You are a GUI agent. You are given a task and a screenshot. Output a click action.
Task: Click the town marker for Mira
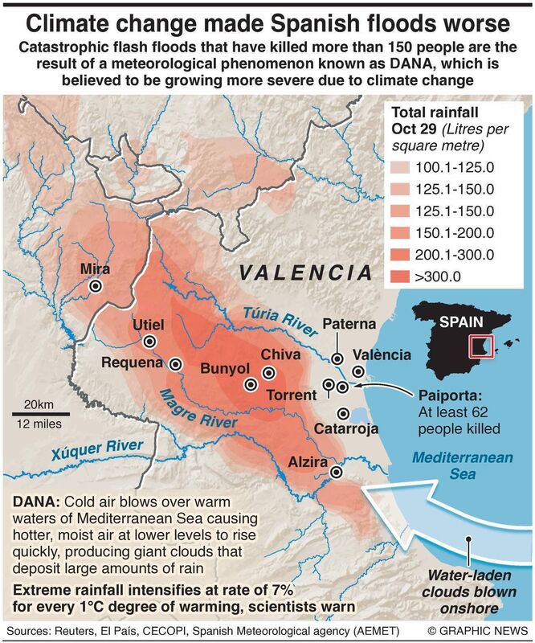click(96, 285)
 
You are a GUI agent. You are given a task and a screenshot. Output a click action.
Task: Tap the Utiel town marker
click(149, 341)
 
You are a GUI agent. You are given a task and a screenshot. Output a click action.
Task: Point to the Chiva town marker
click(269, 371)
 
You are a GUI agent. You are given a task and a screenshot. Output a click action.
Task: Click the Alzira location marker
click(337, 473)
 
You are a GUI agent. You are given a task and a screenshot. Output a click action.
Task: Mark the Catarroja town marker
click(344, 414)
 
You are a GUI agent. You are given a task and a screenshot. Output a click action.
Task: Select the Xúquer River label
click(97, 453)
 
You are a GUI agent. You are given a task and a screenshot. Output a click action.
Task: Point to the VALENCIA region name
click(305, 274)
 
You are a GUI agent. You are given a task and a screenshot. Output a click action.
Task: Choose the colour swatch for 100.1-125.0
click(402, 168)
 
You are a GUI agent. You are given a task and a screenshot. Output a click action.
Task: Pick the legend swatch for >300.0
click(402, 277)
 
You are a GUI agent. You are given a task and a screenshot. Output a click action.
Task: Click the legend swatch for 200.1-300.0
click(402, 256)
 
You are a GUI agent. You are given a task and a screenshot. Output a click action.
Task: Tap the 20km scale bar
click(40, 414)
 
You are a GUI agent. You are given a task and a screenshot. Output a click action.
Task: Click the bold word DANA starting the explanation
click(33, 502)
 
